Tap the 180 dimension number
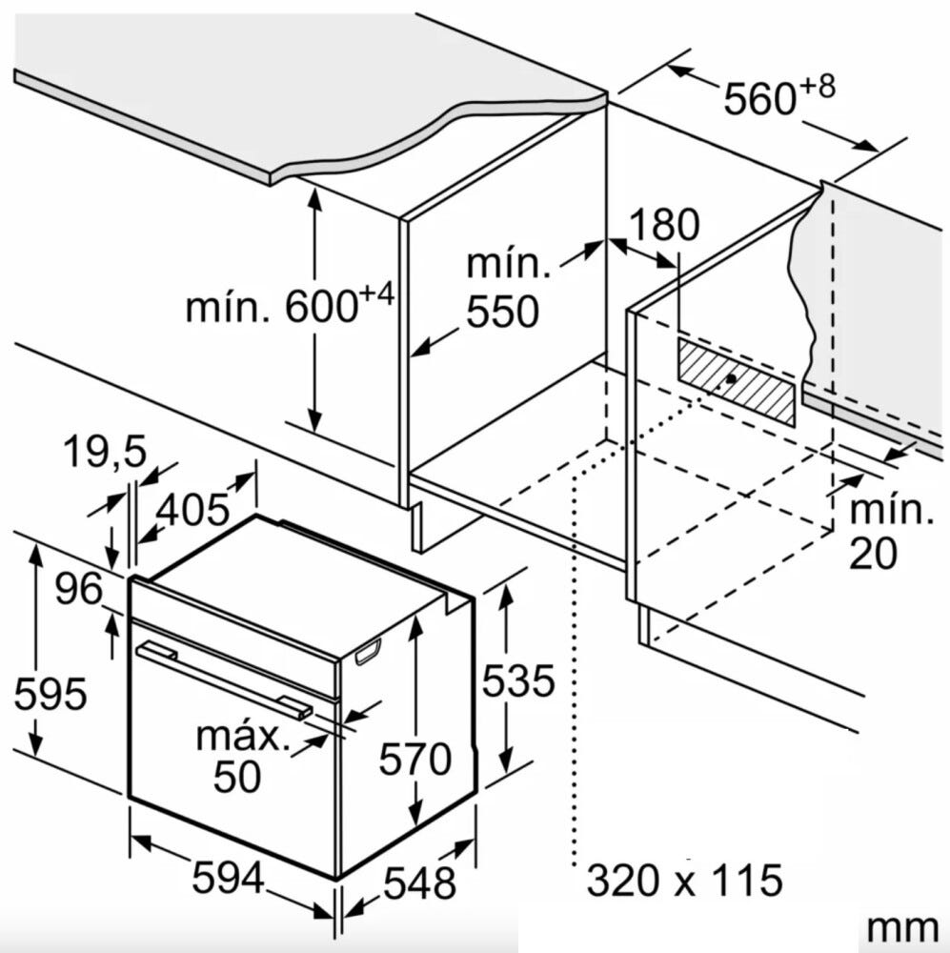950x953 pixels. pyautogui.click(x=664, y=224)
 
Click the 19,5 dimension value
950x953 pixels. pyautogui.click(x=105, y=452)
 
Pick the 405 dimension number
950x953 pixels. pyautogui.click(x=192, y=509)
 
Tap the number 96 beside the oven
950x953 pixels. pyautogui.click(x=79, y=588)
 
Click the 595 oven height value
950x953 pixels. pyautogui.click(x=51, y=694)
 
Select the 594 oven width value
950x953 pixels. pyautogui.click(x=229, y=878)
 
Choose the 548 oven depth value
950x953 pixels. pyautogui.click(x=420, y=882)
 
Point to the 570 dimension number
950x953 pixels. pyautogui.click(x=415, y=759)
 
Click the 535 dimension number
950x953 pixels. pyautogui.click(x=517, y=680)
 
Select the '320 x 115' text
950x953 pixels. pyautogui.click(x=684, y=880)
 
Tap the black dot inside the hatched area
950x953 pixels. pyautogui.click(x=731, y=378)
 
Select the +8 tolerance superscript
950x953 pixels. pyautogui.click(x=817, y=88)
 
